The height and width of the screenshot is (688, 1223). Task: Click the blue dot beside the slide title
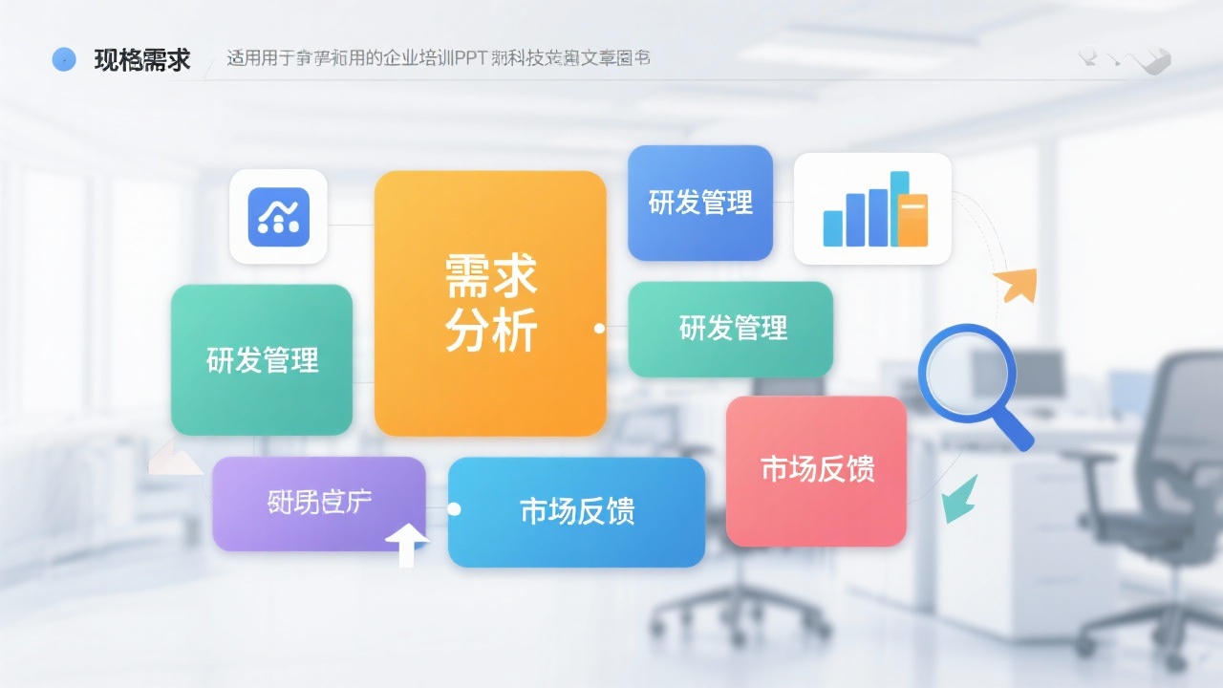(x=63, y=59)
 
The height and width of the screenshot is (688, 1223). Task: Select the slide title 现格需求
(x=142, y=60)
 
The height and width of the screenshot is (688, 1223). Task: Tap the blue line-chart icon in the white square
(x=278, y=217)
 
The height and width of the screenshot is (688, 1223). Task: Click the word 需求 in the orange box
(x=491, y=276)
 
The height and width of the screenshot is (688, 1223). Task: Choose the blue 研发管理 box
(x=699, y=203)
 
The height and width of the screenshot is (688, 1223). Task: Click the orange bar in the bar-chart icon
(x=912, y=219)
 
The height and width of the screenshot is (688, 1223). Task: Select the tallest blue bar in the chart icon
(x=899, y=207)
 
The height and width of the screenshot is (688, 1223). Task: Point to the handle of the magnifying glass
(x=1016, y=430)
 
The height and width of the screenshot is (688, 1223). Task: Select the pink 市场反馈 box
(x=816, y=470)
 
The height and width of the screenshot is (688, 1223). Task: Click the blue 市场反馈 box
(x=576, y=511)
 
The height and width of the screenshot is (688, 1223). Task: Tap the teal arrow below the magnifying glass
(x=958, y=499)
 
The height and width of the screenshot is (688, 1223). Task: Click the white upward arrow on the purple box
(x=407, y=544)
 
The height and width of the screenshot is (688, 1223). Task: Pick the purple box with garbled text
(x=318, y=503)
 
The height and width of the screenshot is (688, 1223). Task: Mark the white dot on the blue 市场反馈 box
(x=454, y=509)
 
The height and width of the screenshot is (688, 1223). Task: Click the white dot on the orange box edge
(x=599, y=328)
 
